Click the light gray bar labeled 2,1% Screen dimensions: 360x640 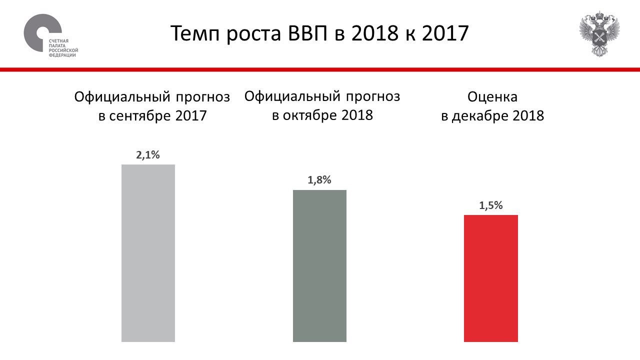point(148,253)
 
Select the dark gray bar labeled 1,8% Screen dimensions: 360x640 point(319,265)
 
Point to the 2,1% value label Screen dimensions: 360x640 point(148,155)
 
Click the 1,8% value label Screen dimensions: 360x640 point(319,180)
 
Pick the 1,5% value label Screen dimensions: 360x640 point(490,205)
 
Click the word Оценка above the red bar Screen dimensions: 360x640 point(492,96)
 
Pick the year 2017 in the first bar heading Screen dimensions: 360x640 point(191,116)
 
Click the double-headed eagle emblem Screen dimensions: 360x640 point(599,33)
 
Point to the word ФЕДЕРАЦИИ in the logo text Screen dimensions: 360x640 point(62,55)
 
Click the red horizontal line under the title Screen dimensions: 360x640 point(320,69)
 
